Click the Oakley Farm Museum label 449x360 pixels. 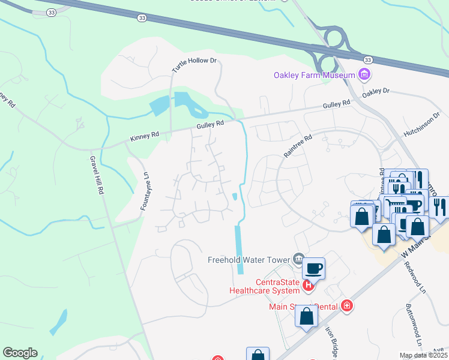pos(314,75)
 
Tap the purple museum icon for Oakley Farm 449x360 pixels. pos(364,75)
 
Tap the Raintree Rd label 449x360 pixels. pos(298,145)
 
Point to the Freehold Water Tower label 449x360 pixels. pos(249,260)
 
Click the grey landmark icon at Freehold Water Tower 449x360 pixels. pos(299,259)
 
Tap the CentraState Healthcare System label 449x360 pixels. pos(265,287)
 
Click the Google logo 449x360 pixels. pos(20,353)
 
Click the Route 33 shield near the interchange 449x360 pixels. pos(367,59)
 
